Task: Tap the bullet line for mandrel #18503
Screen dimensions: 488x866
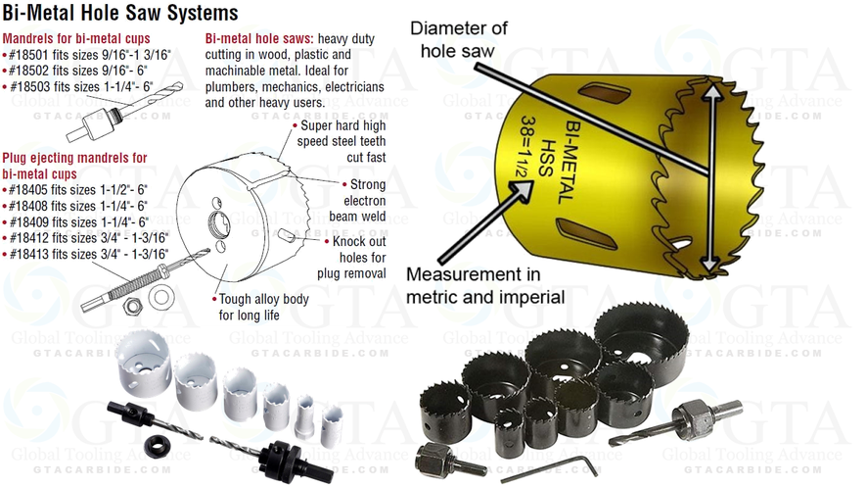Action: pyautogui.click(x=83, y=85)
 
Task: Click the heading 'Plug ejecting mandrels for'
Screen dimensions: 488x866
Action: pyautogui.click(x=75, y=158)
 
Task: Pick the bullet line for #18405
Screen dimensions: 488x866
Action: pyautogui.click(x=76, y=189)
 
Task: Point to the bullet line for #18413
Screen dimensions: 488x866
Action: pyautogui.click(x=87, y=254)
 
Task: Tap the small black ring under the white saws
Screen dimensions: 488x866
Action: pyautogui.click(x=155, y=442)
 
